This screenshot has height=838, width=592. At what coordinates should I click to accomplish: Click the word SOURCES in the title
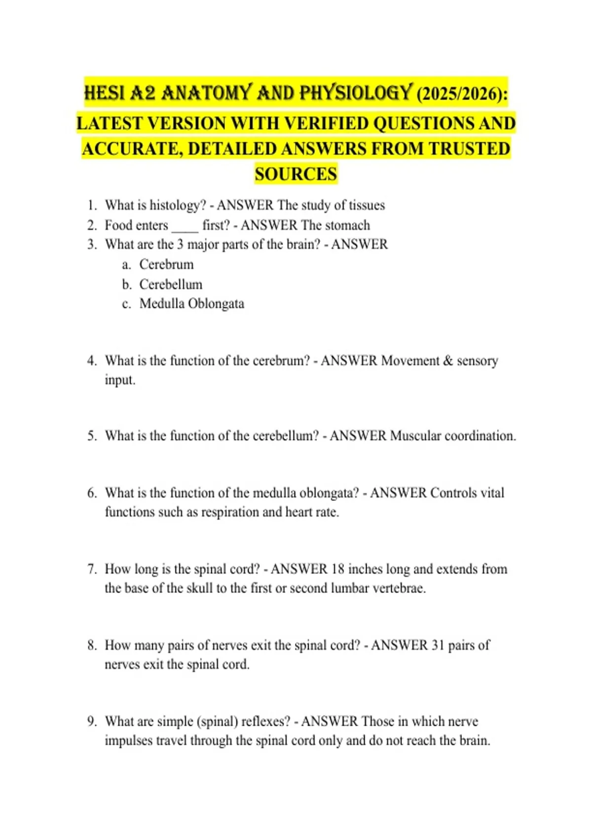pos(296,174)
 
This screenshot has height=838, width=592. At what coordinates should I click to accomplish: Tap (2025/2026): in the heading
pos(462,94)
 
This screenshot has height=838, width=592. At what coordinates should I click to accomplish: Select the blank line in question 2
pos(185,227)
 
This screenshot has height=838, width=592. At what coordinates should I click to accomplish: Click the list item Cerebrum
pos(166,264)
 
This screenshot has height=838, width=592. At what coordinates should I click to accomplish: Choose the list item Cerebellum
pos(171,284)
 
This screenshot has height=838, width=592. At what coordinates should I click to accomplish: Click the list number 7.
pos(92,569)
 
